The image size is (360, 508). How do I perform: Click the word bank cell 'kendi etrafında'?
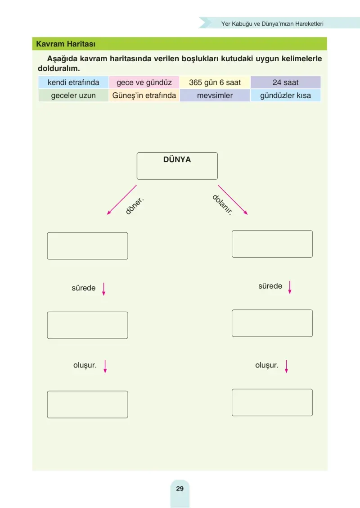tap(73, 82)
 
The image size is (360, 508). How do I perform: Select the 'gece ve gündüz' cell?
tap(144, 82)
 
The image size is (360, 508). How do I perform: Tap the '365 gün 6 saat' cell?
tap(215, 82)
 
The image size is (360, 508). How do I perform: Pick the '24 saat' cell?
tap(286, 82)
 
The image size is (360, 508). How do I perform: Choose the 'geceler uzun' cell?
tap(73, 95)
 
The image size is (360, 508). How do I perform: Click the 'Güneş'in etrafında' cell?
tap(144, 95)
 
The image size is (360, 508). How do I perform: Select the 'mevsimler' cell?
tap(215, 95)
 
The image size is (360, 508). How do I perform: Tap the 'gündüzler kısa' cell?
tap(286, 95)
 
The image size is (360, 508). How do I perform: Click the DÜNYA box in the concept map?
tap(177, 166)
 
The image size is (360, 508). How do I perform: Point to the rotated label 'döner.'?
tap(135, 206)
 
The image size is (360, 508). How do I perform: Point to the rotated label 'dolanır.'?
tap(222, 205)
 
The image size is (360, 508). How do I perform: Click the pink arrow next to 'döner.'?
tap(122, 200)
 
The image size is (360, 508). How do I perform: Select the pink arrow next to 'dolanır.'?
tap(233, 200)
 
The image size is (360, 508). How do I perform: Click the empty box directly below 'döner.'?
tap(87, 246)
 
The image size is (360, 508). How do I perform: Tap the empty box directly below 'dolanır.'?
tap(272, 244)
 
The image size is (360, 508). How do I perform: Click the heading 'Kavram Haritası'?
tap(66, 44)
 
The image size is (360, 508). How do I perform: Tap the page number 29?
tap(180, 489)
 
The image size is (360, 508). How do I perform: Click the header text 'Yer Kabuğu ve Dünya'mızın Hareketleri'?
tap(272, 24)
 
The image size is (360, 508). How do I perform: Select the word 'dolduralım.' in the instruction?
tap(58, 68)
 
